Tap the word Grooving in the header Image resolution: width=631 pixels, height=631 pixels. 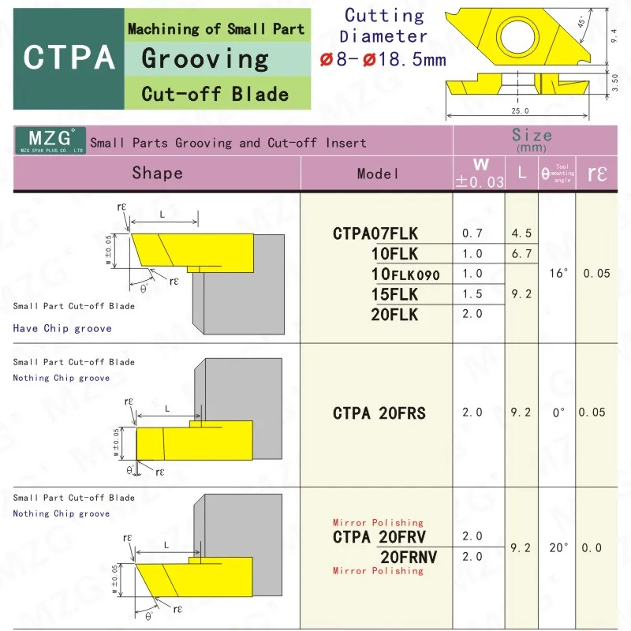click(x=206, y=59)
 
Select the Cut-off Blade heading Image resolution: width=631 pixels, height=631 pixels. click(x=215, y=95)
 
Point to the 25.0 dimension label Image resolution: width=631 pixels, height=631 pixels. click(x=520, y=111)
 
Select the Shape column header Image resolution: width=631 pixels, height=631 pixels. click(x=157, y=173)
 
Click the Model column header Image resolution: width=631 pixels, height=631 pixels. click(x=378, y=174)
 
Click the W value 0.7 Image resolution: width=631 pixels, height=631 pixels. click(x=472, y=233)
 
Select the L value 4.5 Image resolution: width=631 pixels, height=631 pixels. click(x=521, y=233)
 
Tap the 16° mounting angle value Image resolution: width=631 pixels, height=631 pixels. click(x=556, y=274)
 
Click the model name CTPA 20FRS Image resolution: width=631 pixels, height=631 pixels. click(x=379, y=413)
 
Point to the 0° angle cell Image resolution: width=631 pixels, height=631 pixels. click(x=558, y=413)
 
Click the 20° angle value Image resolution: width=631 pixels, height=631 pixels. click(x=557, y=547)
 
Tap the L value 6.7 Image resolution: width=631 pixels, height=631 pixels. click(x=521, y=254)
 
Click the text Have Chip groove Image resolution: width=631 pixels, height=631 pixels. click(x=62, y=328)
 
